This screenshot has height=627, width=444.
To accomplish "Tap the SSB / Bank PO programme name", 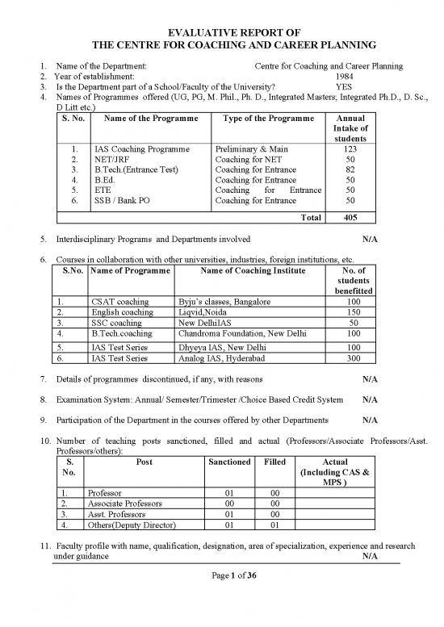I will point(125,200).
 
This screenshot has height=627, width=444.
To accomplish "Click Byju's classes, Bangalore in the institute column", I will point(224,301).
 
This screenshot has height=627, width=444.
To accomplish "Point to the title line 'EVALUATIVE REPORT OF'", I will point(222,31).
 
